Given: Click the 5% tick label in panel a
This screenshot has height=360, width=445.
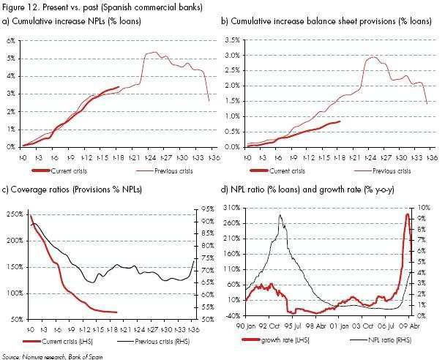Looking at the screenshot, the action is [11, 59].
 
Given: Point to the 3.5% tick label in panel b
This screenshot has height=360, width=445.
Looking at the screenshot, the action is [233, 40].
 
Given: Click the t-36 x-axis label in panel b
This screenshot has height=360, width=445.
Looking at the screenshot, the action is [432, 157].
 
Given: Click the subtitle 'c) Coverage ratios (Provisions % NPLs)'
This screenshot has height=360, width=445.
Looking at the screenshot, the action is [72, 190].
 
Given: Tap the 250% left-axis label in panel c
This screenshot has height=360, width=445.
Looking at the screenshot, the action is [15, 214].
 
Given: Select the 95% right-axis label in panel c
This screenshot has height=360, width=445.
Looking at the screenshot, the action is [207, 209].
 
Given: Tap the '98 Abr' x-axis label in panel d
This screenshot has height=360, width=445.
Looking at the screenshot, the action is [317, 326].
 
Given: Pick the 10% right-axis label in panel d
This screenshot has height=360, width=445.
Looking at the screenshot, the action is [425, 208].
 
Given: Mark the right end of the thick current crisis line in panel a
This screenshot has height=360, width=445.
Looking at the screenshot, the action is [119, 87].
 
